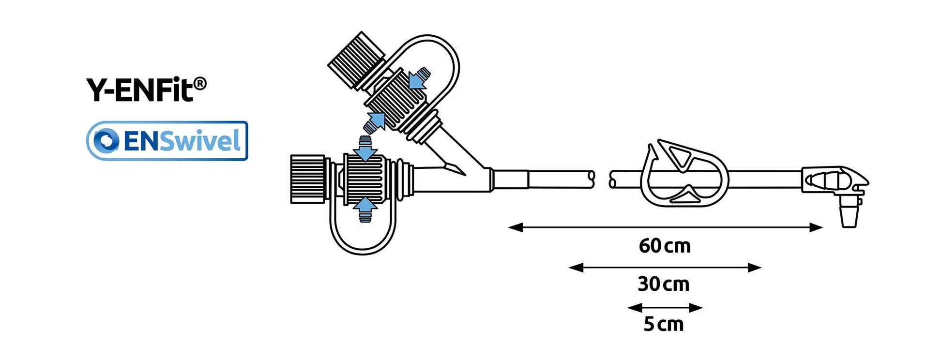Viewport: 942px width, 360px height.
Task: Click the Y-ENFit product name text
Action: [140, 90]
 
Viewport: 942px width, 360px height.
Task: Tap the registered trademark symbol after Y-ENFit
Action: [200, 84]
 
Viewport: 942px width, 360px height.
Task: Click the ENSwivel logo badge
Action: [167, 141]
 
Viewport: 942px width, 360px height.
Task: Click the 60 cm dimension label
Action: [664, 246]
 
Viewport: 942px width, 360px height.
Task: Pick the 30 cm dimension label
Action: [663, 284]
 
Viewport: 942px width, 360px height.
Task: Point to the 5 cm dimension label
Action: [663, 324]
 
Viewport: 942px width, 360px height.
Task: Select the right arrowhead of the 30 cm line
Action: [755, 268]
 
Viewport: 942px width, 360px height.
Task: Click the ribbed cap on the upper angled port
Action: [356, 60]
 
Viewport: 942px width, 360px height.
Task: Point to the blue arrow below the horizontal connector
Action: [365, 209]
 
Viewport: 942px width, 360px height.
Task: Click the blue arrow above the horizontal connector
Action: [365, 149]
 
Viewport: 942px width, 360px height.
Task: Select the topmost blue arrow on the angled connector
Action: [419, 78]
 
